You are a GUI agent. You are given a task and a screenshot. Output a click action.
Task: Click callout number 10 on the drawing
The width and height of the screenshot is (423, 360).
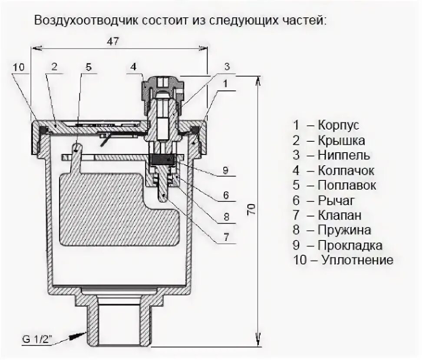[19, 67]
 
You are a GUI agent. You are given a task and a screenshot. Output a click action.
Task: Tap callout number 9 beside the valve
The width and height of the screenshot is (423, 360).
[226, 170]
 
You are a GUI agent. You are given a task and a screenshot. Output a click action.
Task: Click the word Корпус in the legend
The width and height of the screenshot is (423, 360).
[338, 126]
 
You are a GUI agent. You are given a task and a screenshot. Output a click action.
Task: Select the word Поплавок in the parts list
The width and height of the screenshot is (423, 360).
[347, 185]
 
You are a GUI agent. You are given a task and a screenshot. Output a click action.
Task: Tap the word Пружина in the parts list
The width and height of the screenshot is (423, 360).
[344, 230]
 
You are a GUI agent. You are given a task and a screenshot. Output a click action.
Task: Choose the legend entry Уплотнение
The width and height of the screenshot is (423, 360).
[357, 260]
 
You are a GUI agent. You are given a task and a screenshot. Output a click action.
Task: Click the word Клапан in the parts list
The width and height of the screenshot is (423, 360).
[339, 215]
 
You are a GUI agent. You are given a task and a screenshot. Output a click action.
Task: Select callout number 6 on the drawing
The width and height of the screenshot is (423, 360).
[226, 195]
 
